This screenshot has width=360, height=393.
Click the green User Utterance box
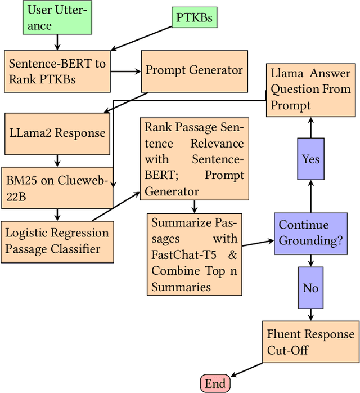pos(57,17)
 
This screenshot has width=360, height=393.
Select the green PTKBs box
pos(194,18)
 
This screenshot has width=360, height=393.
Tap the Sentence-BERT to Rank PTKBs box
pos(57,71)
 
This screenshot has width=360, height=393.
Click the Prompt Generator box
pos(194,71)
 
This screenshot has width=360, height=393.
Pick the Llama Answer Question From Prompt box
pos(310,89)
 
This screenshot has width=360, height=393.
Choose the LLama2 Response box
pos(57,133)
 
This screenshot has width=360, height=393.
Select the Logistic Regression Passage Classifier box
pos(57,240)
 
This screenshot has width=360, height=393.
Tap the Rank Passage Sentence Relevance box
pos(194,159)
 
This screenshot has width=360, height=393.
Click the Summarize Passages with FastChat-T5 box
pos(194,254)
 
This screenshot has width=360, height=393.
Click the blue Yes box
pos(310,159)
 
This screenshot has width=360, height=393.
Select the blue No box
pos(310,288)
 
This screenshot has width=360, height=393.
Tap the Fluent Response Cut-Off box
pos(310,342)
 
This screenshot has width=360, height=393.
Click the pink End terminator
pos(215,384)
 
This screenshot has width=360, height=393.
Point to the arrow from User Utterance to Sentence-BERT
pos(57,42)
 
